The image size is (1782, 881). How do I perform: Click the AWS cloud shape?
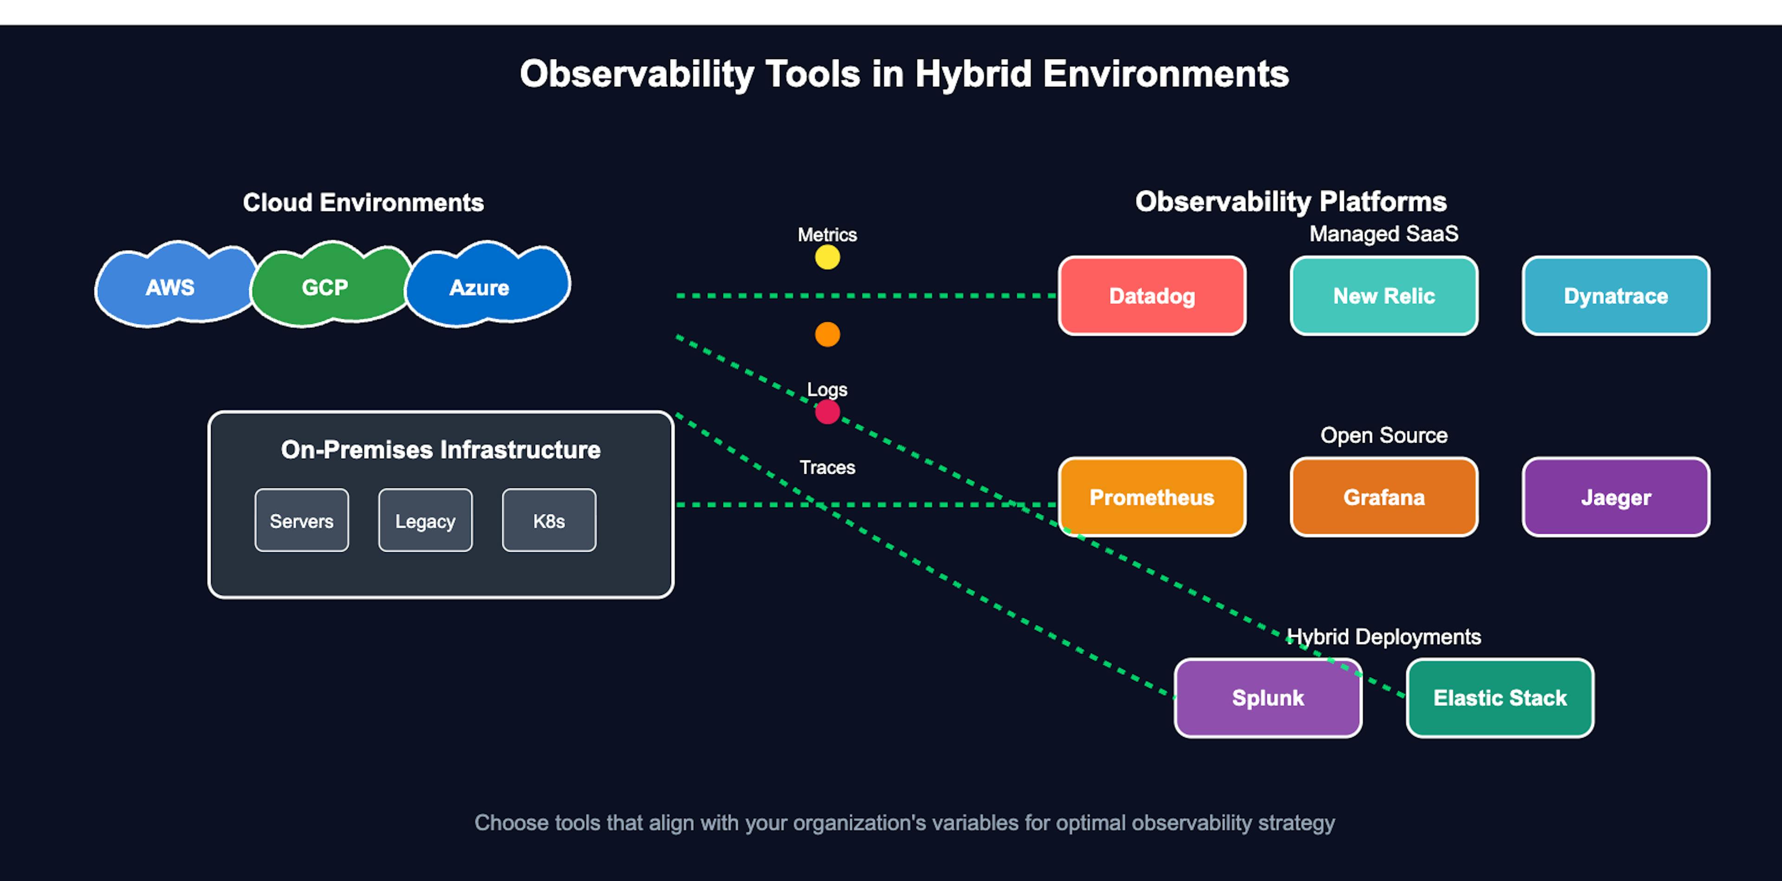170,287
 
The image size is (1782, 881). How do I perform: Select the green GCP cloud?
325,287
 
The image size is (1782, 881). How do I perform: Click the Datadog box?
1152,296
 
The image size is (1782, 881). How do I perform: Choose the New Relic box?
1383,296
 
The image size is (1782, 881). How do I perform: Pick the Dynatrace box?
1615,296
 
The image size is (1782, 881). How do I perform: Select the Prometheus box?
1152,497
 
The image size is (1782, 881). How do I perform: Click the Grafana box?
1383,497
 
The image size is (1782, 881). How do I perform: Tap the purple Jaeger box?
1615,497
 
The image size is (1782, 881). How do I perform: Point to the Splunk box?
1267,698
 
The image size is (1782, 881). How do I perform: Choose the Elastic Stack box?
1500,698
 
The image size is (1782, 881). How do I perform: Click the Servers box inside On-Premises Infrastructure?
302,521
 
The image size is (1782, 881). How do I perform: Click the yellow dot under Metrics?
827,257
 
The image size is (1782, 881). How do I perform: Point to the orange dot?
827,335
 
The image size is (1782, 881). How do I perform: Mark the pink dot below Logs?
827,412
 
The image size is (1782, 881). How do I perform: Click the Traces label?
827,468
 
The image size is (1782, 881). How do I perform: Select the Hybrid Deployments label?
1383,637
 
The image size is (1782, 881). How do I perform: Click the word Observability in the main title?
636,74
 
